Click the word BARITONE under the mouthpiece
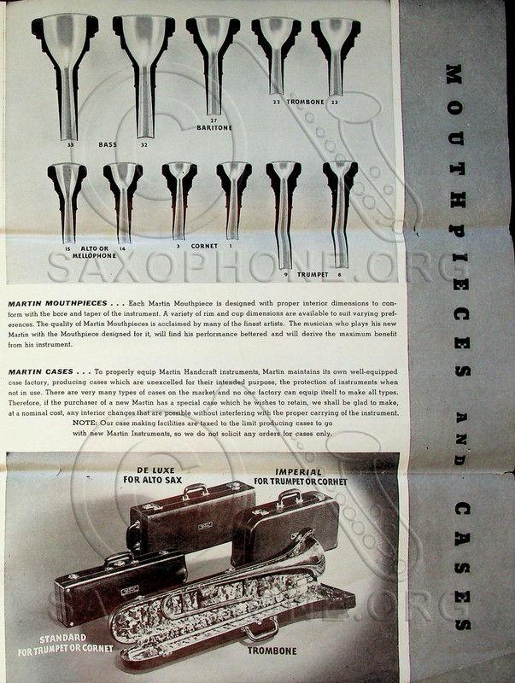point(215,128)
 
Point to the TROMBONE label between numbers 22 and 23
point(305,102)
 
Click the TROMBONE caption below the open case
point(272,651)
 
